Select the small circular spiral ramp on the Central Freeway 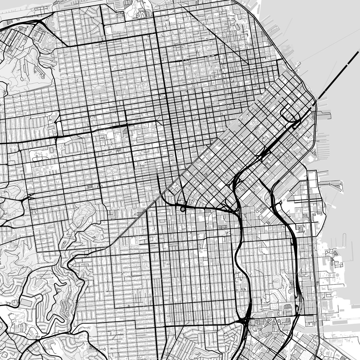(183, 207)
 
